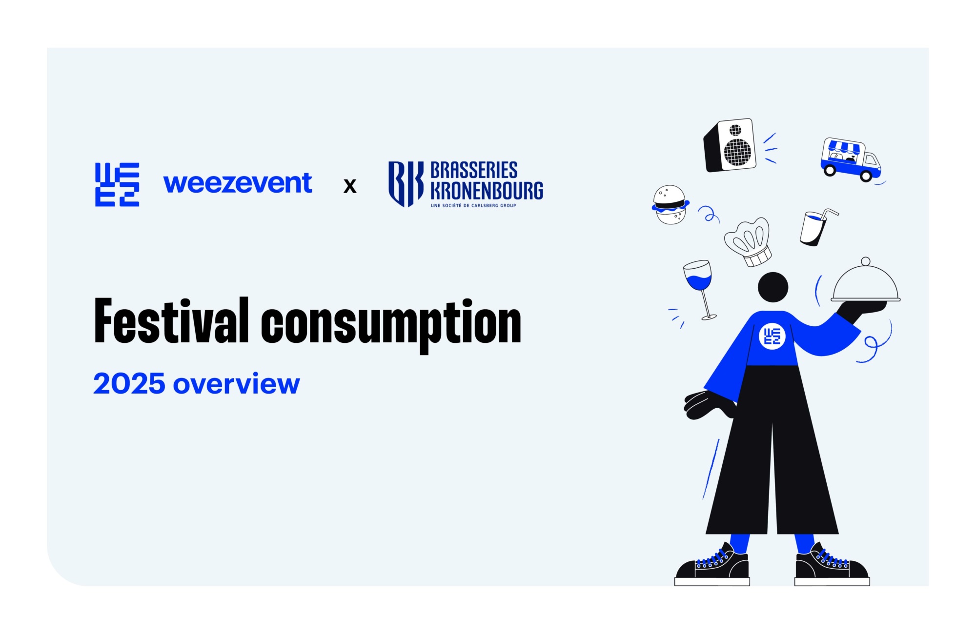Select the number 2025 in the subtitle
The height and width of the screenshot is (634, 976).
129,384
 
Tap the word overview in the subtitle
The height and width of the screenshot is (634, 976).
236,384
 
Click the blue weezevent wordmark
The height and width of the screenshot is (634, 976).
238,183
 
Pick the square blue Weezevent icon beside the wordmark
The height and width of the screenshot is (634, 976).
117,184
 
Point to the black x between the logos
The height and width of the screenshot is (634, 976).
350,186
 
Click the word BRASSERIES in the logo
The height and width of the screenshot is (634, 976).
473,171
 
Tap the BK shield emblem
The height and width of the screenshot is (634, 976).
406,184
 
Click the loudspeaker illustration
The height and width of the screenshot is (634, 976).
730,145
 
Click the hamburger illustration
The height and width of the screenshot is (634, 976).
670,204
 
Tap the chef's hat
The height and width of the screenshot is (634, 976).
749,241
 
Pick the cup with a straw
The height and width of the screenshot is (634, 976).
814,227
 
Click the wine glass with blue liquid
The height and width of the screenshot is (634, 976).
699,283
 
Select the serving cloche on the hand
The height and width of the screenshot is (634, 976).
865,284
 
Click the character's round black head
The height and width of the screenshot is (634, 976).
773,287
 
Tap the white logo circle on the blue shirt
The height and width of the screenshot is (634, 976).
772,336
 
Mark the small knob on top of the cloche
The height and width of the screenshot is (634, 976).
866,261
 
